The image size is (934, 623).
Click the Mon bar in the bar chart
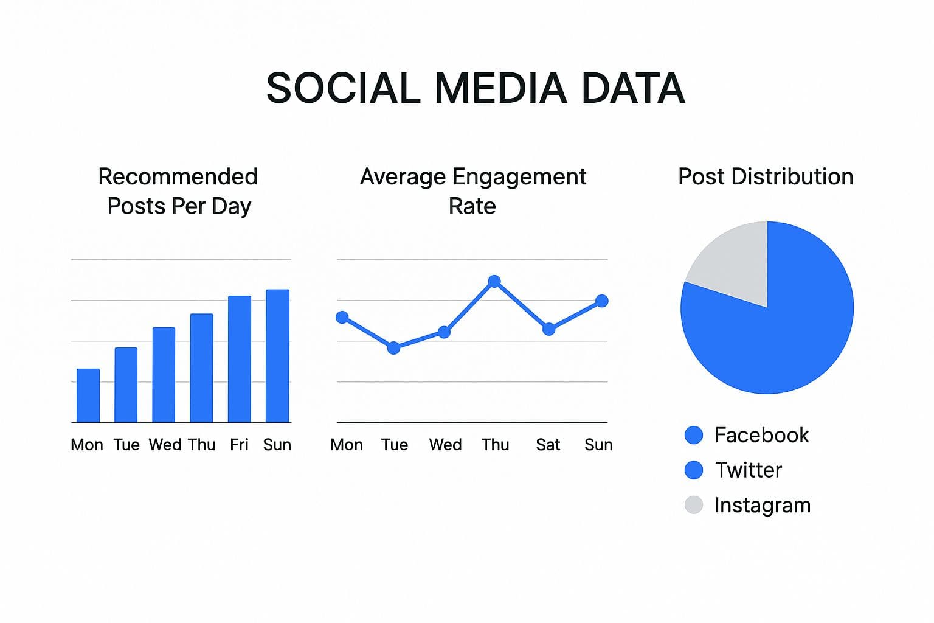(88, 395)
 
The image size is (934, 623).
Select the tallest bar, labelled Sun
(278, 356)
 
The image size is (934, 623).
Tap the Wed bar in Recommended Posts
(164, 375)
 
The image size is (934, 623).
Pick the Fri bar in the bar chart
(240, 359)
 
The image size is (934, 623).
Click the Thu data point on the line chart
(494, 281)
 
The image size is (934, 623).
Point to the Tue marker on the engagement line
(393, 348)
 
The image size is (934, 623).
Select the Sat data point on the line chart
(548, 329)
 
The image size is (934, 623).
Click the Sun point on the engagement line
(601, 301)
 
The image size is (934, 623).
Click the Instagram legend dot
(694, 505)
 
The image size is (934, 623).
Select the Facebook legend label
(761, 435)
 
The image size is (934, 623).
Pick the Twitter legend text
(748, 470)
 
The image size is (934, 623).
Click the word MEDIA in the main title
(500, 88)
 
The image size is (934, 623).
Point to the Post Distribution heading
(766, 176)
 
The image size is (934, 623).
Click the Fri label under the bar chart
(239, 445)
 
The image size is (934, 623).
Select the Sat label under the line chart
(548, 445)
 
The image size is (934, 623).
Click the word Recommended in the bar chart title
(178, 176)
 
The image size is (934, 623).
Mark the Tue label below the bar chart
(126, 445)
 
